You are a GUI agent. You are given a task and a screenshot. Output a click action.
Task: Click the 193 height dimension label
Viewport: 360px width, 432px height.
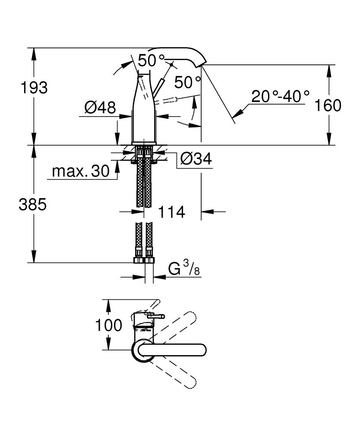coord(34,88)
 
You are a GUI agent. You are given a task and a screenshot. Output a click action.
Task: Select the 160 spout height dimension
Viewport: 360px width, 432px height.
coord(328,105)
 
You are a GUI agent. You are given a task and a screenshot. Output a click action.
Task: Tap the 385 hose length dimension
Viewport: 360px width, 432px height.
coord(32,205)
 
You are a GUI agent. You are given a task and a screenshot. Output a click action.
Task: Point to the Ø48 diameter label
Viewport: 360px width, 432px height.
coord(100,107)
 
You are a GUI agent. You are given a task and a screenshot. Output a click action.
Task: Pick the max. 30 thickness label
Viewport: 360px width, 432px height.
coord(81,172)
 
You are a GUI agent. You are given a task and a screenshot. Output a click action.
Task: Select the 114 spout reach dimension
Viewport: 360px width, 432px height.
coord(171,212)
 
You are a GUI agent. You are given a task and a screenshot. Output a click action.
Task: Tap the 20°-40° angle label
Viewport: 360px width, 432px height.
coord(281,96)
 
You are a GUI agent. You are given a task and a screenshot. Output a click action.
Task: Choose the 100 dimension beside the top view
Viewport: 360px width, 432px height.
coord(109,325)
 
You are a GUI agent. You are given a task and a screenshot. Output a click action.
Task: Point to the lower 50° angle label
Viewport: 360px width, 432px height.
coord(187,82)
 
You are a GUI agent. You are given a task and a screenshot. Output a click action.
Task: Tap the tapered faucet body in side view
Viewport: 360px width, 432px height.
coord(144,112)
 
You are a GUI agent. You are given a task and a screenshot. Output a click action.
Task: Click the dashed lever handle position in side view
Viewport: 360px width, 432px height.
coord(177,100)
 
